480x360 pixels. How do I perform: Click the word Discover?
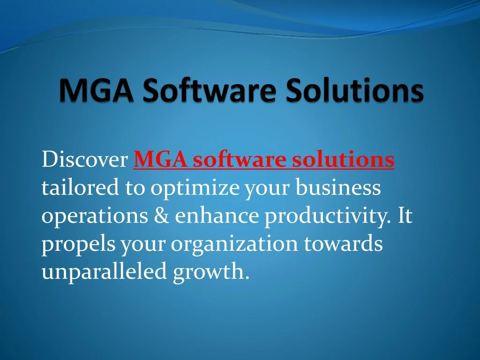[x=85, y=160]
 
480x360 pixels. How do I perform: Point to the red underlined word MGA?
[x=160, y=160]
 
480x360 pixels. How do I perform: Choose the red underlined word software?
[x=240, y=160]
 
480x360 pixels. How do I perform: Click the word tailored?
[x=80, y=188]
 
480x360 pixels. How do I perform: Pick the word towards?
[x=343, y=244]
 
